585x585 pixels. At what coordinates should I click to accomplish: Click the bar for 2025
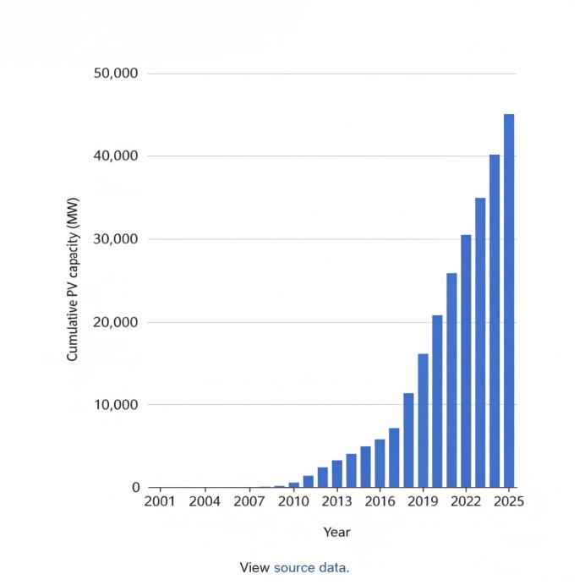coord(509,301)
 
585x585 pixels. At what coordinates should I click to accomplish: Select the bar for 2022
coord(466,361)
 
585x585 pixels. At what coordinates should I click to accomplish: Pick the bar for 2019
coord(423,420)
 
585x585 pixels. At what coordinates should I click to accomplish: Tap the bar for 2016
coord(380,463)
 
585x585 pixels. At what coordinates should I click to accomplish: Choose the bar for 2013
coord(337,473)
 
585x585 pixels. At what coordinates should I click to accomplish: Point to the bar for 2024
coord(495,321)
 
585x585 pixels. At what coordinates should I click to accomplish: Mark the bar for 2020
coord(437,402)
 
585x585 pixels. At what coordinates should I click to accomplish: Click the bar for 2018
coord(408,440)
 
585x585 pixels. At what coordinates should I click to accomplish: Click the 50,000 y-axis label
coord(116,73)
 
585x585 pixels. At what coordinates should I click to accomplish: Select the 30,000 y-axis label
coord(116,239)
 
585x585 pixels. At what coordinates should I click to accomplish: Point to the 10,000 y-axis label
coord(116,404)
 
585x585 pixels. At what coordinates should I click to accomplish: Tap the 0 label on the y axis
coord(136,487)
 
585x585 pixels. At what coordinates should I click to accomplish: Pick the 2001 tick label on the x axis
coord(160,501)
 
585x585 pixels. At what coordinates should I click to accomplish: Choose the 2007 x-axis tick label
coord(249,501)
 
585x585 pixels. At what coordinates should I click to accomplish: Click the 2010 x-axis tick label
coord(293,501)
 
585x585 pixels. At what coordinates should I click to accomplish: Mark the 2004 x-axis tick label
coord(205,501)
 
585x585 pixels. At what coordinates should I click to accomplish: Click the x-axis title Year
coord(337,532)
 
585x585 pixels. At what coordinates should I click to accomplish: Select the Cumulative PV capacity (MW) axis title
coord(73,280)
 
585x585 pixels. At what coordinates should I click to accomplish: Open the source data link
coord(312,568)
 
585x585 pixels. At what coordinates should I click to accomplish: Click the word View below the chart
coord(254,568)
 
